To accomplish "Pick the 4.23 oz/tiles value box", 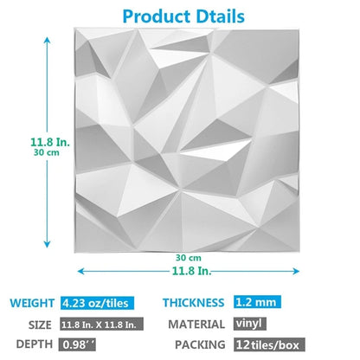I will (x=99, y=304).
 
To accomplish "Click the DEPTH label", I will (x=34, y=344).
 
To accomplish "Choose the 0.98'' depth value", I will (x=78, y=344).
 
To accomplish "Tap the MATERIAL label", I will (x=197, y=325).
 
